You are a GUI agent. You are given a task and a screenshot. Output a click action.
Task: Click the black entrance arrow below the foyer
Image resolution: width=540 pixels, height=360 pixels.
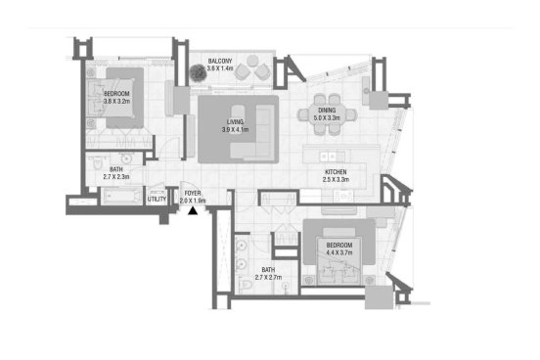tap(193, 211)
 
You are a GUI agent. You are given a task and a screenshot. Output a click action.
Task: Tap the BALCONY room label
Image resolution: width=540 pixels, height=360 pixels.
tap(220, 61)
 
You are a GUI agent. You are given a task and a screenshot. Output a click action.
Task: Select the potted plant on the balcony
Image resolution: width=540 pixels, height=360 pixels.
tap(198, 72)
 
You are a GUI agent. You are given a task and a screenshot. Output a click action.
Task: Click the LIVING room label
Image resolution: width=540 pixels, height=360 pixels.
tap(235, 122)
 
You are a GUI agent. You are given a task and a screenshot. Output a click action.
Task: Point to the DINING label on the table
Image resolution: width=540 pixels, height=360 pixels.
tap(327, 111)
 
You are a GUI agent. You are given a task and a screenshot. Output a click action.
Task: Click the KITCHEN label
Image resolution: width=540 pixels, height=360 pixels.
tap(336, 172)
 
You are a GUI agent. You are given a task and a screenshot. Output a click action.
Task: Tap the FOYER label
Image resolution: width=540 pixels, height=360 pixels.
tap(193, 194)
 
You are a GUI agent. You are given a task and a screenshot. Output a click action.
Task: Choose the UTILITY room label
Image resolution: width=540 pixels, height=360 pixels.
tap(157, 200)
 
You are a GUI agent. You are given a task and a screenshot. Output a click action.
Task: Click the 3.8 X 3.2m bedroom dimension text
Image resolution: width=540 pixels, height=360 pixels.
tap(117, 102)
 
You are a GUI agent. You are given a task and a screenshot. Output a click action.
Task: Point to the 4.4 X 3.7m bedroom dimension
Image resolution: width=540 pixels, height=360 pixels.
tap(339, 252)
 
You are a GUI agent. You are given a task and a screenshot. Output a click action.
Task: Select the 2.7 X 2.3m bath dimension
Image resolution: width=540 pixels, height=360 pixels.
tap(116, 177)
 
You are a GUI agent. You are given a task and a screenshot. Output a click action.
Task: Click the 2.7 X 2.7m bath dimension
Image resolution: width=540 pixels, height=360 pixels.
tap(268, 277)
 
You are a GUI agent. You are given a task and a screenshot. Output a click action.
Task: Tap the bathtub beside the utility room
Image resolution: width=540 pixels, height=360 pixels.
tap(122, 197)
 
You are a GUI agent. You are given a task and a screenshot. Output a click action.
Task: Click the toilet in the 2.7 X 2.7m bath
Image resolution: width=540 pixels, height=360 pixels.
tap(247, 286)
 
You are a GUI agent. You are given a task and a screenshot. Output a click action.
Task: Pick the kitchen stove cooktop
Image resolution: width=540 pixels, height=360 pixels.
tap(344, 197)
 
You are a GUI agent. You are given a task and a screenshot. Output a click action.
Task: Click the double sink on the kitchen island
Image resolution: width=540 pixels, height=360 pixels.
tap(328, 157)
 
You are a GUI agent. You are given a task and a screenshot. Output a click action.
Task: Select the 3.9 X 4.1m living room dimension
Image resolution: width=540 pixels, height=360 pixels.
tap(235, 130)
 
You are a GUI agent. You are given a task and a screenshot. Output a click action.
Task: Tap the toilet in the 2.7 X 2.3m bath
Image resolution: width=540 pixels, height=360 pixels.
tap(98, 163)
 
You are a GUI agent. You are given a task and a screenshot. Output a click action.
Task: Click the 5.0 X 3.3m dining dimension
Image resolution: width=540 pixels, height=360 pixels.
tap(327, 117)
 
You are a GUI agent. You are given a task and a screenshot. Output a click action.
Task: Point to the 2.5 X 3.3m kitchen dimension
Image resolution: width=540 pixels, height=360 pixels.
tap(336, 179)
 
